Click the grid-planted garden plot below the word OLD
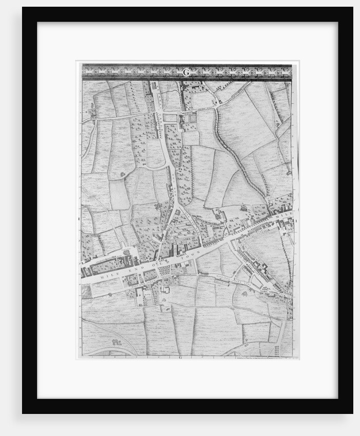click(165, 269)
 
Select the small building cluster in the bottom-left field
click(117, 340)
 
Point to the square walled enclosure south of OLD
click(165, 291)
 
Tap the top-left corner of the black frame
click(23, 7)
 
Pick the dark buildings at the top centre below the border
click(182, 87)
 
